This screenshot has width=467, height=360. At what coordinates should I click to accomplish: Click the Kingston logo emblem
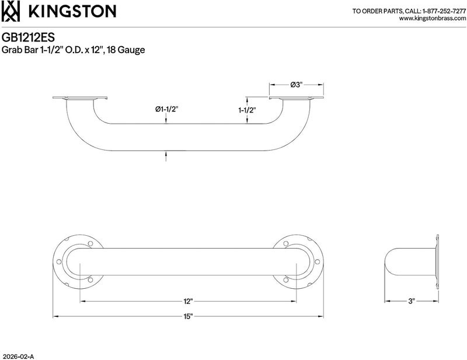[11, 11]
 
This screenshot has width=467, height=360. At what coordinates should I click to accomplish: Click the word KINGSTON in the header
[72, 11]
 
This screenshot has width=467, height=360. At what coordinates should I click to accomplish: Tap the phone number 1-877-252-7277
[444, 11]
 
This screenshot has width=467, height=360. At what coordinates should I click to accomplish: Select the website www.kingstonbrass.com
[433, 19]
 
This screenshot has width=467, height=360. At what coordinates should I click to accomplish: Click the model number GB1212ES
[28, 37]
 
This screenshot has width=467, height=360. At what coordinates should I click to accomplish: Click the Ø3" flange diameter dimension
[297, 85]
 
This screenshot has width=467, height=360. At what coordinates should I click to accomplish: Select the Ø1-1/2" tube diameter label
[166, 109]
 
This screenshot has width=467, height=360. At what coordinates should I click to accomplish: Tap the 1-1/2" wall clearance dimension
[247, 110]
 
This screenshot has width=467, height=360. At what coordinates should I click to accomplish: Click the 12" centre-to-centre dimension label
[188, 301]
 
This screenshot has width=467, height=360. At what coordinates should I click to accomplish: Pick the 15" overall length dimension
[188, 316]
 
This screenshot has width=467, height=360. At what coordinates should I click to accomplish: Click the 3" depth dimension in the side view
[412, 301]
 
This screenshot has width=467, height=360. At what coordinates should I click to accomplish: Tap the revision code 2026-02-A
[18, 356]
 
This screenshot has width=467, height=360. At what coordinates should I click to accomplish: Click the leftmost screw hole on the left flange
[59, 262]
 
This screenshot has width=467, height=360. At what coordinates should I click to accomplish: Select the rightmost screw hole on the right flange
[317, 262]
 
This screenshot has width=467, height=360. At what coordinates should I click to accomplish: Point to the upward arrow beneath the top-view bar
[166, 156]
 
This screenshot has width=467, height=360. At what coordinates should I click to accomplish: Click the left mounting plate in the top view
[79, 98]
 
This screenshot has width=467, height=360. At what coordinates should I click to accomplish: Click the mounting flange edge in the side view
[437, 262]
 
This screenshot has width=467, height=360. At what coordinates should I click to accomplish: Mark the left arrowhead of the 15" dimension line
[55, 316]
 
